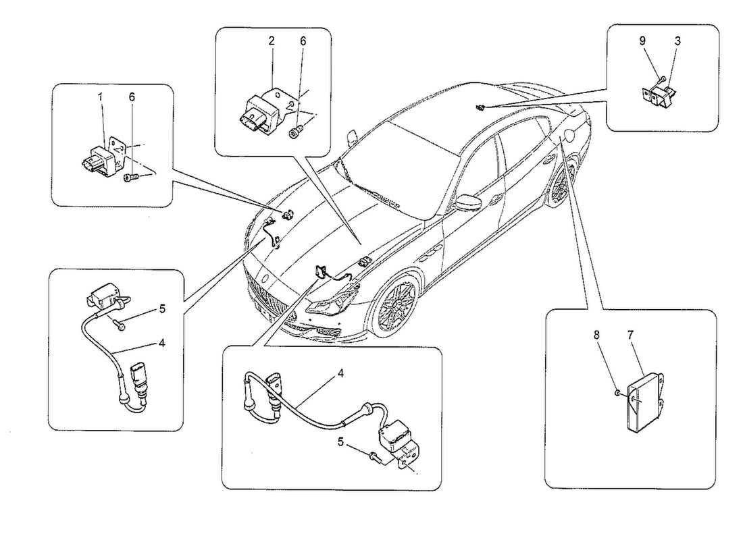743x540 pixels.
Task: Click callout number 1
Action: click(100, 97)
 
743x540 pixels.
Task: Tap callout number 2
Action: click(271, 40)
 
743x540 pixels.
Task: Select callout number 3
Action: click(677, 40)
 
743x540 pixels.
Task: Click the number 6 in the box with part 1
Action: click(132, 97)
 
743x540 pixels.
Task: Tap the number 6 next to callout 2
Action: click(303, 40)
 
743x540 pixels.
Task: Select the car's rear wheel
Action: click(561, 182)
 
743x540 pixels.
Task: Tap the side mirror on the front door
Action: click(467, 203)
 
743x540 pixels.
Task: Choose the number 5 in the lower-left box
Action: click(161, 309)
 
